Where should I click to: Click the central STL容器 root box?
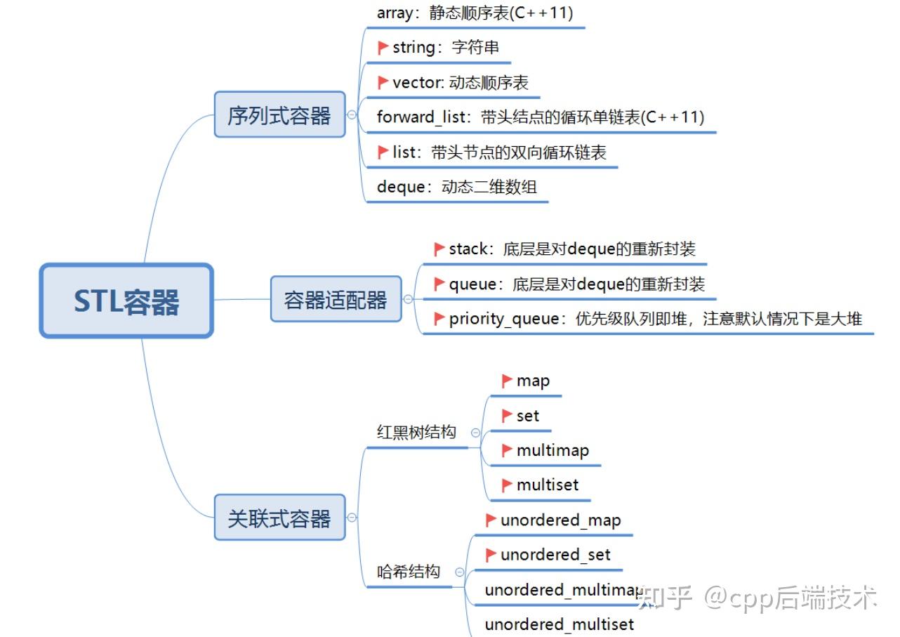[x=126, y=301]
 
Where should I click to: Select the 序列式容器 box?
[x=279, y=114]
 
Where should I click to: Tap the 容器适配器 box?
[x=336, y=300]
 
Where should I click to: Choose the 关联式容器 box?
[x=279, y=518]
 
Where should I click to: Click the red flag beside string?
[x=383, y=47]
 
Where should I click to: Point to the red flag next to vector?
[x=383, y=82]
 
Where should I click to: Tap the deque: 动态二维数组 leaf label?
[x=456, y=187]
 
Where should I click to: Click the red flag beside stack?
[x=439, y=249]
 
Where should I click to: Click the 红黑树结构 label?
[x=416, y=432]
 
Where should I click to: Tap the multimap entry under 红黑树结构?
[x=552, y=450]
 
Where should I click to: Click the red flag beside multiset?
[x=507, y=485]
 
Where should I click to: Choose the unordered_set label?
[x=555, y=555]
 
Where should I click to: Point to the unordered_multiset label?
[x=559, y=624]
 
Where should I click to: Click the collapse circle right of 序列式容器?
[x=352, y=114]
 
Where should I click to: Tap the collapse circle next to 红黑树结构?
[x=475, y=433]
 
